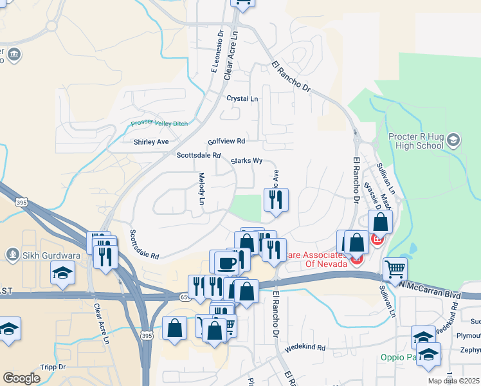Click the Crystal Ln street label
click(242, 99)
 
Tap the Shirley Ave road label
click(150, 142)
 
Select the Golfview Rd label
click(226, 141)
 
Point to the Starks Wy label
click(246, 161)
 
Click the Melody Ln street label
click(201, 189)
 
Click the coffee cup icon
click(225, 262)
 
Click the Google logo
click(21, 378)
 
